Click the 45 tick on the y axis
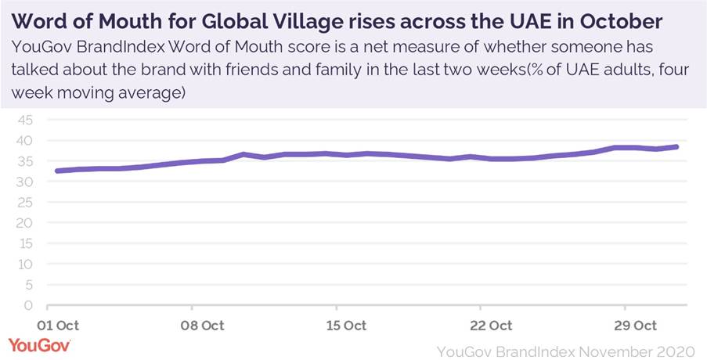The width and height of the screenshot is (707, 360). pos(26,120)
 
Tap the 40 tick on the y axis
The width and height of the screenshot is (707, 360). pos(26,141)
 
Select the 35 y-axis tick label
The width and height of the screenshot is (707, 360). pos(26,161)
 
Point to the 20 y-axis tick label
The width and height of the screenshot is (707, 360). pos(26,223)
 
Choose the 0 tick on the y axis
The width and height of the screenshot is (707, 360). pos(30,305)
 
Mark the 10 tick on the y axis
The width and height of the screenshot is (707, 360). pos(26,264)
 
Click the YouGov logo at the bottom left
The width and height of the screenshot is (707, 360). pos(39,344)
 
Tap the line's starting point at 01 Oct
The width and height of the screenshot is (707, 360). pos(57,171)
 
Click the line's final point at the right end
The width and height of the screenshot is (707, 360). pos(676,146)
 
